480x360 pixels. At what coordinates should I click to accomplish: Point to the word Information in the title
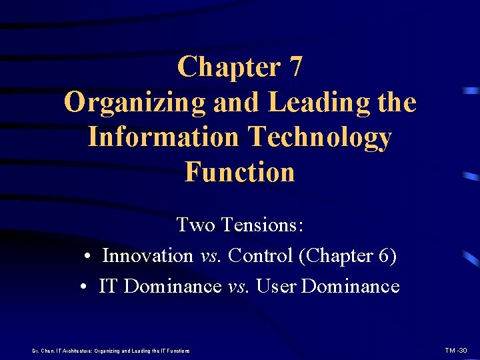point(163,137)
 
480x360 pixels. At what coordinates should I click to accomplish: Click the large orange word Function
point(239,172)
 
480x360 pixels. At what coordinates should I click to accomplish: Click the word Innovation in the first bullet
point(147,255)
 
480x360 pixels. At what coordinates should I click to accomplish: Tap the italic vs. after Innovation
point(211,255)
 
